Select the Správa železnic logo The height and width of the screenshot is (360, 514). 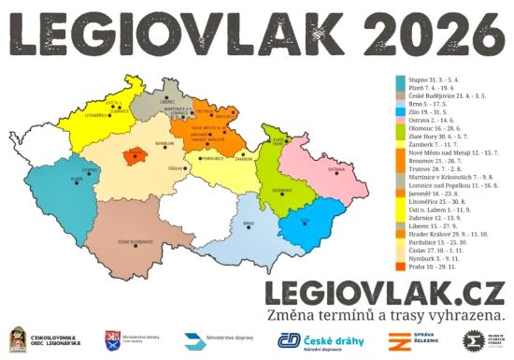415,340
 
